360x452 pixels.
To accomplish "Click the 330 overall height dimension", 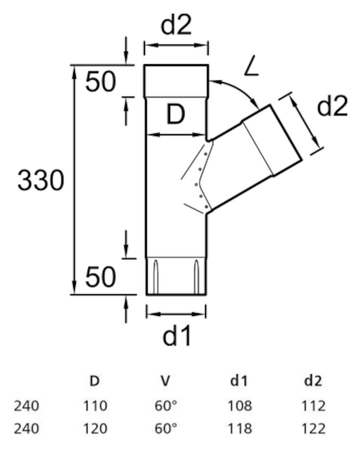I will (x=40, y=182).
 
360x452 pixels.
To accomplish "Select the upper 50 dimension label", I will (x=101, y=82).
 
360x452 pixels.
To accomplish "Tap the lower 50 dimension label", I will (x=101, y=278).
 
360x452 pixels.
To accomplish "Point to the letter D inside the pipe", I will (x=175, y=116).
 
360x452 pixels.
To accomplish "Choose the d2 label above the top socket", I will (x=177, y=26).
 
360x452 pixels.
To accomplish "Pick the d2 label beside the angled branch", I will (x=332, y=108).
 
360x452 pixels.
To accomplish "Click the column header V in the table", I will (x=165, y=381).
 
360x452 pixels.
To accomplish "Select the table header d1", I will (x=239, y=381).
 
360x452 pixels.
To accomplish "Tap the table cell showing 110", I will (x=94, y=406).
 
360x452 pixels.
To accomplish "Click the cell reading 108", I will (x=239, y=406).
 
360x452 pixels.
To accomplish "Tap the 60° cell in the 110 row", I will (x=165, y=406).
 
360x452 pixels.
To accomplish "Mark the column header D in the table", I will (x=94, y=381).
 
